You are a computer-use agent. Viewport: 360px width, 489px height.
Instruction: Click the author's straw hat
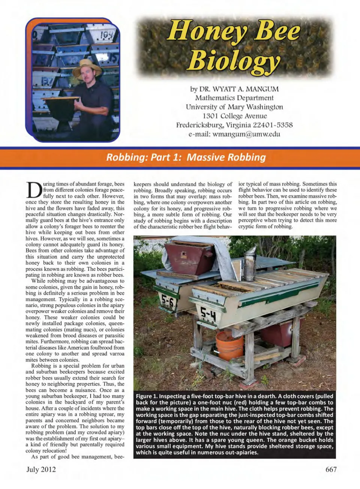pyautogui.click(x=87, y=67)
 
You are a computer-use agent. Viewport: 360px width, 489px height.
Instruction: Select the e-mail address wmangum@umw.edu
pyautogui.click(x=246, y=134)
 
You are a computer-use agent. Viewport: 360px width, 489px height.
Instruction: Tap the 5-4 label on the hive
pyautogui.click(x=207, y=314)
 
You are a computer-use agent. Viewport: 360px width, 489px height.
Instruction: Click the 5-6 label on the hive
pyautogui.click(x=167, y=300)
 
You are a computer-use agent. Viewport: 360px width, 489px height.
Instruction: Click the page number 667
pyautogui.click(x=331, y=470)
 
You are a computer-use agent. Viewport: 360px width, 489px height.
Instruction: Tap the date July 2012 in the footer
pyautogui.click(x=41, y=470)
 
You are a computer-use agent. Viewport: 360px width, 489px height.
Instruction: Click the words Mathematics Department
pyautogui.click(x=234, y=98)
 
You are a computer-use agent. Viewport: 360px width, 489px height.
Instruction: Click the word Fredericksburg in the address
pyautogui.click(x=200, y=125)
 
